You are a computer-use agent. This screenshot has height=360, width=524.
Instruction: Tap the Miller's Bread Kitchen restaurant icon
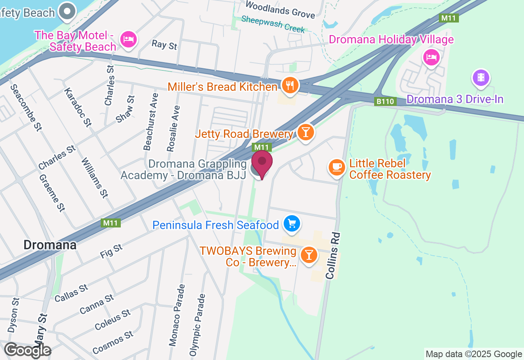[x=290, y=85]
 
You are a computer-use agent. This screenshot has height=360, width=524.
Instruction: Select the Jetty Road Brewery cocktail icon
[x=305, y=132]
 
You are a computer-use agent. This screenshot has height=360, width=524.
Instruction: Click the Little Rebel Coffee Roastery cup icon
[x=337, y=167]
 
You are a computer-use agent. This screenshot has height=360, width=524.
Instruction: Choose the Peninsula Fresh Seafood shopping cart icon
[x=292, y=224]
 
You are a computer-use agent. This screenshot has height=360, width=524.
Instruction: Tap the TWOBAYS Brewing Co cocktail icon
[x=309, y=255]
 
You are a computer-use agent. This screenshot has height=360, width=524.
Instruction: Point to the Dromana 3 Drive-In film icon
[x=481, y=77]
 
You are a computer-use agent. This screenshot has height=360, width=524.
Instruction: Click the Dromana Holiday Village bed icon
[x=431, y=57]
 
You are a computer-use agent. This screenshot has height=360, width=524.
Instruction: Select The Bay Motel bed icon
[x=129, y=40]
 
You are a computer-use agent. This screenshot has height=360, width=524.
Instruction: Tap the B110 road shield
[x=385, y=101]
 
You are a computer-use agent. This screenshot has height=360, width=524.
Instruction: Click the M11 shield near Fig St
[x=111, y=223]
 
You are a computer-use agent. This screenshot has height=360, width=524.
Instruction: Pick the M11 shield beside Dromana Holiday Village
[x=448, y=18]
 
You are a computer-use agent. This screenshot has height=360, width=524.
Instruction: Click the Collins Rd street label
[x=333, y=256]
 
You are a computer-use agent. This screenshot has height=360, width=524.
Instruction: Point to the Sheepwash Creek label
[x=273, y=24]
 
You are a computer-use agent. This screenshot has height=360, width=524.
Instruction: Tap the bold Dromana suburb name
[x=50, y=245]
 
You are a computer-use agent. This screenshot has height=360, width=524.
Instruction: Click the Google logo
[x=27, y=351]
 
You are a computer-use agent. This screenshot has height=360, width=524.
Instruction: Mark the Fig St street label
[x=111, y=251]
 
